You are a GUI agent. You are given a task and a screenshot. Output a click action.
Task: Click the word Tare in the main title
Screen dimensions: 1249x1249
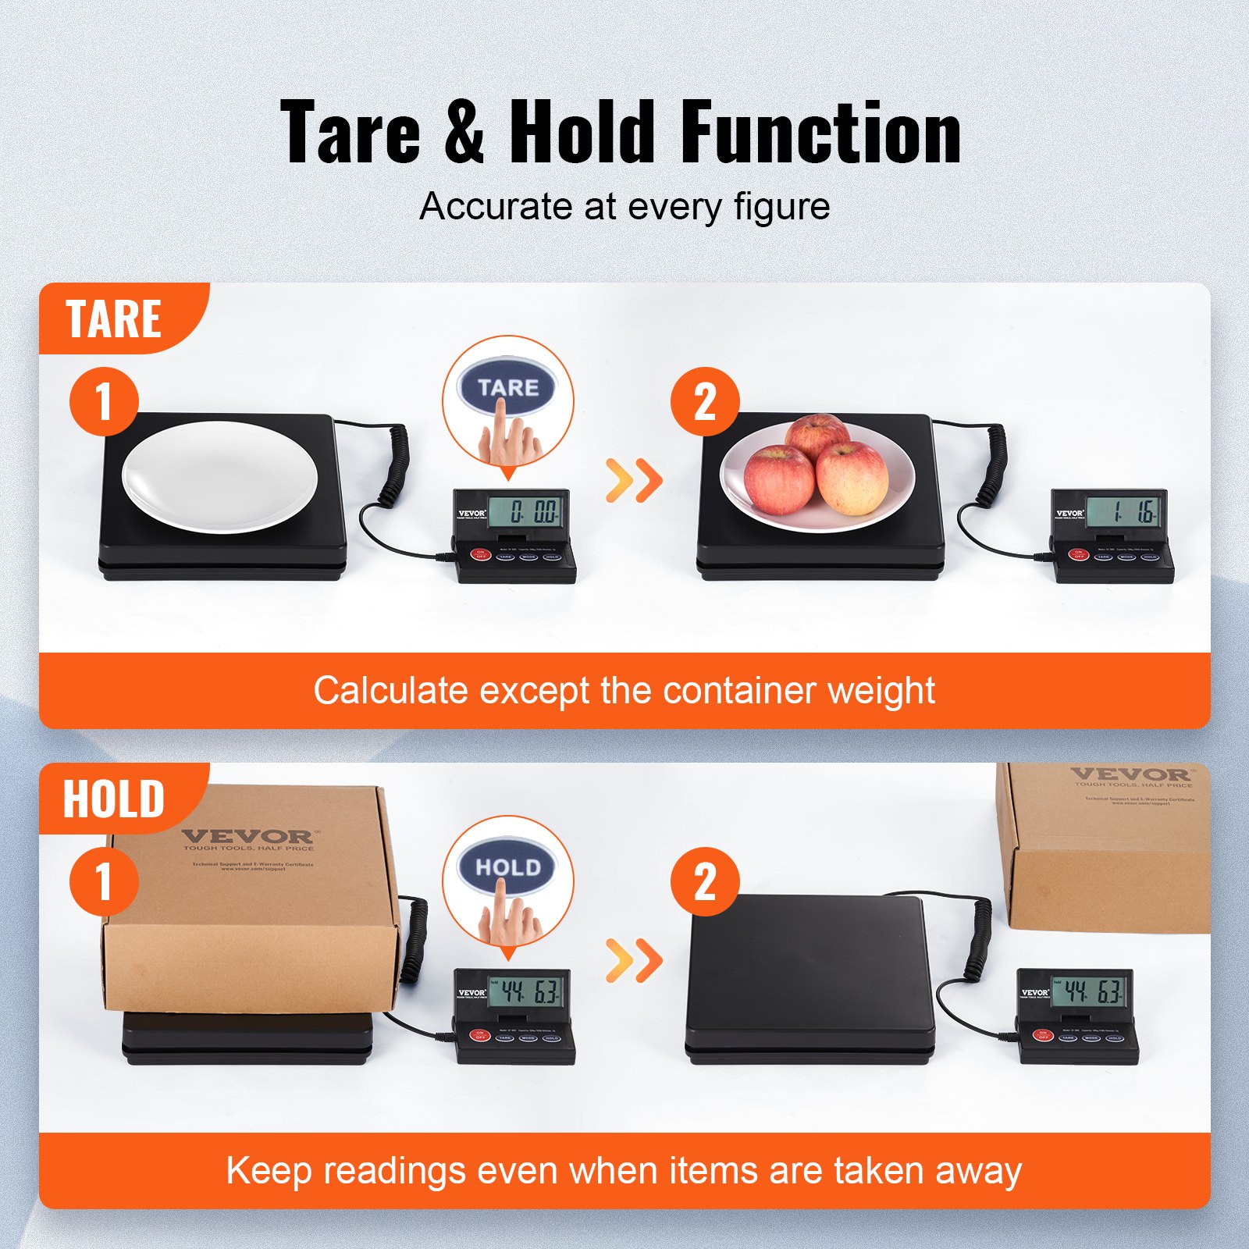point(351,133)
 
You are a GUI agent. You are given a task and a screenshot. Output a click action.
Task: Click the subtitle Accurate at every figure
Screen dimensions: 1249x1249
point(624,207)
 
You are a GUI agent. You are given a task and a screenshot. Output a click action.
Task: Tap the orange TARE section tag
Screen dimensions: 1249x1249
point(115,318)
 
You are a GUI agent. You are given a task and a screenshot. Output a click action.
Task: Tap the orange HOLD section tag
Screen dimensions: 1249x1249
point(114,799)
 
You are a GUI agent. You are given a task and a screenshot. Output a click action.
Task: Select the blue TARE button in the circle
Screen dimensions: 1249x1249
point(507,387)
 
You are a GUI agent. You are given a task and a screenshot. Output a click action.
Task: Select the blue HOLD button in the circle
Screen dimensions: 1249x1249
point(507,867)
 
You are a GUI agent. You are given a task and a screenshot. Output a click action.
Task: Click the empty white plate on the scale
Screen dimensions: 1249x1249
point(220,476)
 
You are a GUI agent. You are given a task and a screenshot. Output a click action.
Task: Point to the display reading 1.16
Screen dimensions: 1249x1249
point(1125,512)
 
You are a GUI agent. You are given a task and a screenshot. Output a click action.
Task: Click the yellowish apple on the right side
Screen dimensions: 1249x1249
point(852,478)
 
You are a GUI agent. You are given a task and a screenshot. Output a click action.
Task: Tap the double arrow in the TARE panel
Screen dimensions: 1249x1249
point(634,480)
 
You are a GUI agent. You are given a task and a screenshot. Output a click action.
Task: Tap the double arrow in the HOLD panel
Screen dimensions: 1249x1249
point(634,960)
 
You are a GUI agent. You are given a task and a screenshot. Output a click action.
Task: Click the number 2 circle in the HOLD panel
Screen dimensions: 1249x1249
point(705,882)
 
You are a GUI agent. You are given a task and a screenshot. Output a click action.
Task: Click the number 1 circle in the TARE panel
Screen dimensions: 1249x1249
point(104,401)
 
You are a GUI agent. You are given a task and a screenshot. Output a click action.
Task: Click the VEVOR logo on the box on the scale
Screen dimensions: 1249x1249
point(247,837)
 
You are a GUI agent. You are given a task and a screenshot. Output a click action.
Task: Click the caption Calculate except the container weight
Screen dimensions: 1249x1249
point(624,691)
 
